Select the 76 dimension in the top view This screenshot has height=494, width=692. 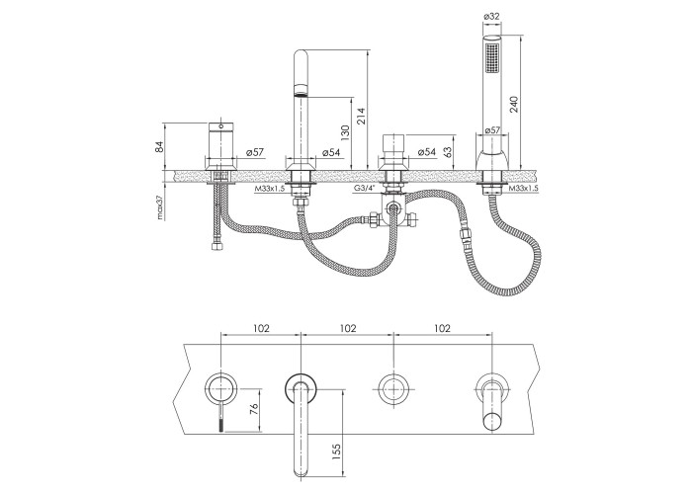coord(254,410)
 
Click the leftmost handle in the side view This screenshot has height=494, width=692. coord(219,145)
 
